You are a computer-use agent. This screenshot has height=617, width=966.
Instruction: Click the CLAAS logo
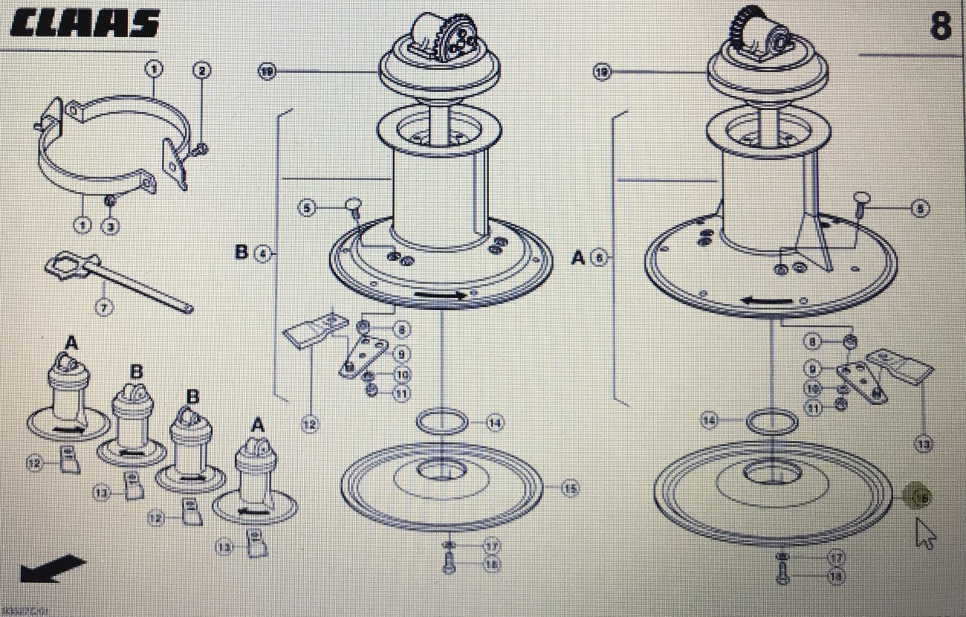click(x=85, y=24)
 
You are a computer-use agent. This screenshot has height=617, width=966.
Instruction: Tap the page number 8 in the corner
click(x=939, y=26)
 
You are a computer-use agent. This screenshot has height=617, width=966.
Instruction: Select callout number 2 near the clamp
click(x=201, y=71)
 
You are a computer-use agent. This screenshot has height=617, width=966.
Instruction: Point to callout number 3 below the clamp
click(x=110, y=225)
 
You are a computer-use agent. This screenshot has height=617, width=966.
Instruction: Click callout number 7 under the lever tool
click(x=103, y=306)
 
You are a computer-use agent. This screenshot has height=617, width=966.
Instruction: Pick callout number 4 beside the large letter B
click(x=263, y=253)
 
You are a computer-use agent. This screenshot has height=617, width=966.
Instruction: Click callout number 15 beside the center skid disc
click(x=569, y=488)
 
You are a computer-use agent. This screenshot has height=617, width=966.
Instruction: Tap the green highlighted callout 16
click(x=921, y=497)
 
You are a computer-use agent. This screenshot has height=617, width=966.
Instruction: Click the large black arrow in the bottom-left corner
click(x=52, y=569)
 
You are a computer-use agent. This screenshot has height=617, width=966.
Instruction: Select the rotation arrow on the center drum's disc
click(x=441, y=294)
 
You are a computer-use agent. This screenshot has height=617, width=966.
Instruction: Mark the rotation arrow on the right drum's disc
click(x=768, y=301)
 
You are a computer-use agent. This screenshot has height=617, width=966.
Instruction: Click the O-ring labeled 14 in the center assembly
click(x=443, y=422)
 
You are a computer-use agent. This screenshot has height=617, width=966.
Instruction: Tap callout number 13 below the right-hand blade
click(x=924, y=445)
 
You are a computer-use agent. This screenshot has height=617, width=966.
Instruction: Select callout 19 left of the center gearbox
click(x=268, y=71)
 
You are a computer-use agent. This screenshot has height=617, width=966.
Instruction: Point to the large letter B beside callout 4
click(x=241, y=253)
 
